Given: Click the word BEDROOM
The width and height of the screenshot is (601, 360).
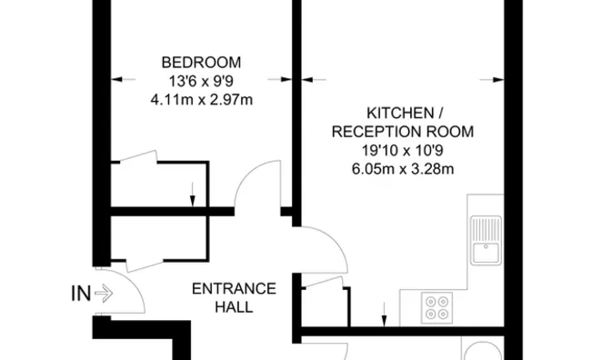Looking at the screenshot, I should (x=201, y=62).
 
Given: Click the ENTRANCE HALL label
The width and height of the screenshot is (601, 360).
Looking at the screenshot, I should (x=233, y=297).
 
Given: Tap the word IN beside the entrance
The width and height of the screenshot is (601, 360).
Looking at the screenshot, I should (x=79, y=294).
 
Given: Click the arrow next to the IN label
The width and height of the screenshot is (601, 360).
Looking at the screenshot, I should (x=102, y=294).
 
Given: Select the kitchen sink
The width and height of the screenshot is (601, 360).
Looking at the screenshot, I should (x=487, y=238).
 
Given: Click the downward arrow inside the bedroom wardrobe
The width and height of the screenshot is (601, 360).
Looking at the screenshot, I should (x=192, y=193).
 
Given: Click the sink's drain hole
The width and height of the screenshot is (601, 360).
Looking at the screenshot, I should (x=487, y=245).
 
